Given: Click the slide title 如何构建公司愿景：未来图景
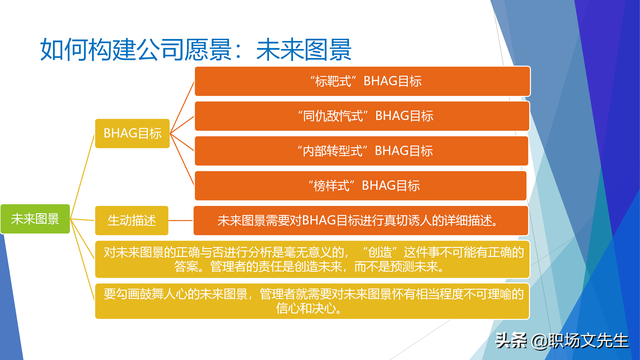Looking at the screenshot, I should click(195, 47).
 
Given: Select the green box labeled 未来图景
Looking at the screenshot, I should click(35, 219).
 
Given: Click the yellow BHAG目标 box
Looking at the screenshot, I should click(132, 131).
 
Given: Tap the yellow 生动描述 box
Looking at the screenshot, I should click(132, 219).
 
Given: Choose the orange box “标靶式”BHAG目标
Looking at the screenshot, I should click(360, 80).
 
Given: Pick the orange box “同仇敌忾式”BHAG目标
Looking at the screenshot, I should click(360, 115).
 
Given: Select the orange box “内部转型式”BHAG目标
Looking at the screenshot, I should click(360, 150).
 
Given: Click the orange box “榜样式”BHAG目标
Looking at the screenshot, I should click(360, 185).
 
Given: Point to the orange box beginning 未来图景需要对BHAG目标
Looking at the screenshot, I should click(360, 219).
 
